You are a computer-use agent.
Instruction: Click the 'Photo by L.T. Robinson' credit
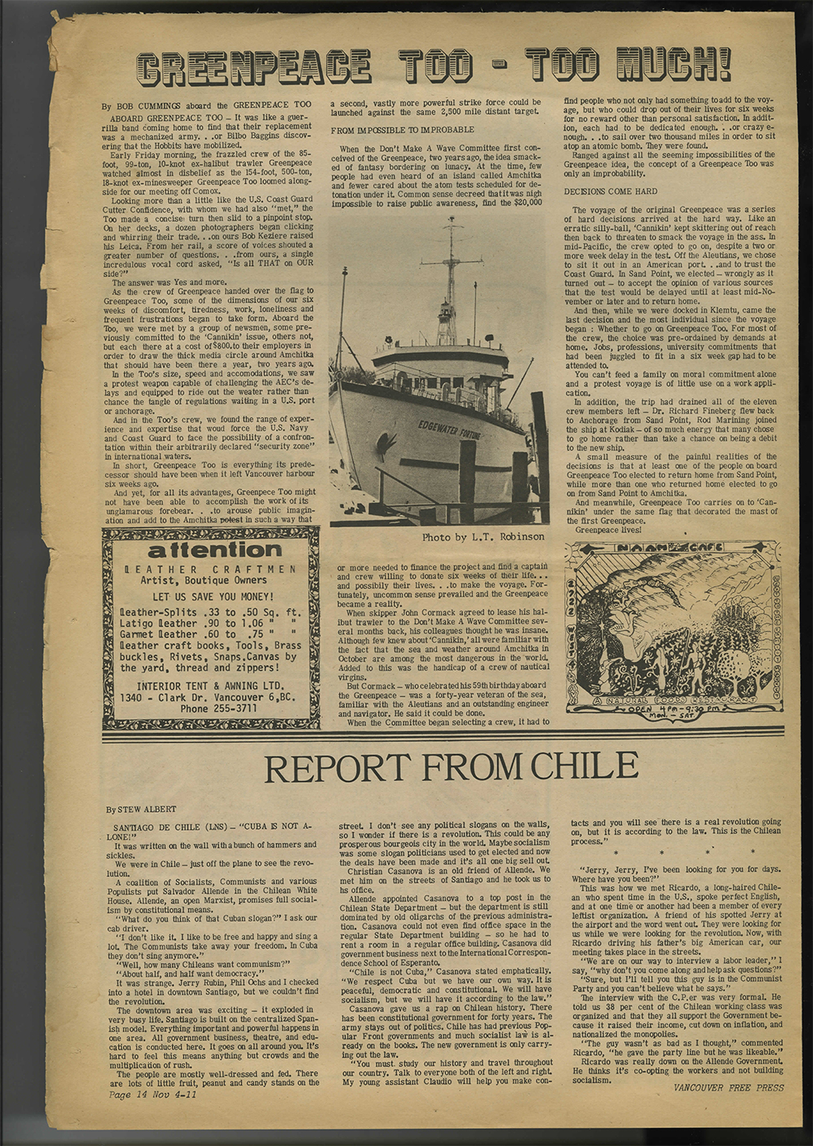click(x=483, y=537)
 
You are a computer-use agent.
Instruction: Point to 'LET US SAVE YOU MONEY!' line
click(x=209, y=597)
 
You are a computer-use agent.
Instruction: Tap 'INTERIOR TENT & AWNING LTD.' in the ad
click(x=210, y=686)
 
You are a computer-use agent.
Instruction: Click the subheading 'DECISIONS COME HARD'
click(x=610, y=191)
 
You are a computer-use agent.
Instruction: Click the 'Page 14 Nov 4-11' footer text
click(x=153, y=1094)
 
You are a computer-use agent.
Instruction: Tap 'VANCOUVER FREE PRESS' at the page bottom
click(x=728, y=1087)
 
